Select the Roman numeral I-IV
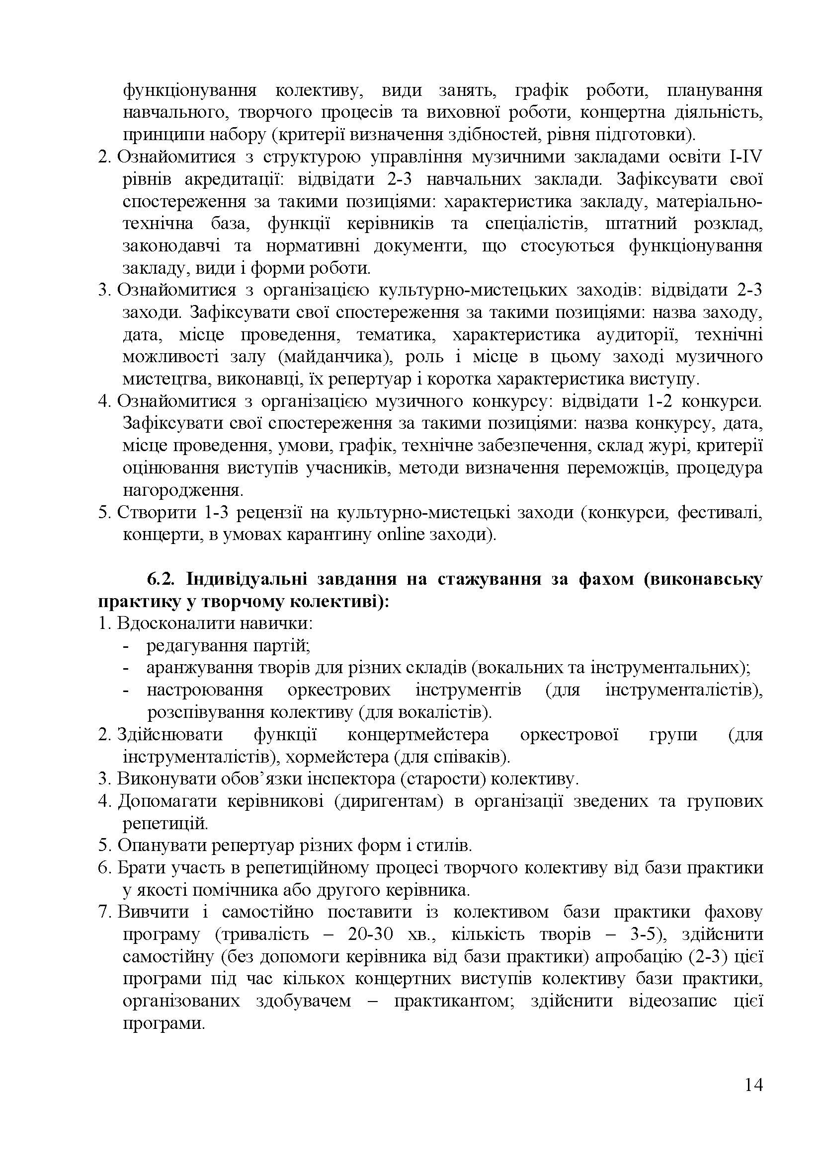(x=745, y=157)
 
